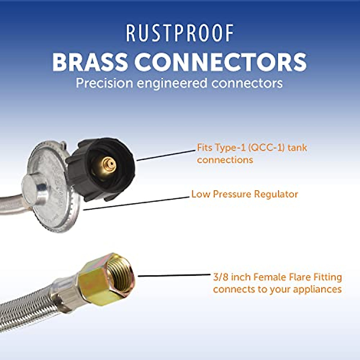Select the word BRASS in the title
[90, 62]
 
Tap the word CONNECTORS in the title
[220, 62]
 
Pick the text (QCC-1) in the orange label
[265, 148]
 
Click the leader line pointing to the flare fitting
[174, 275]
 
